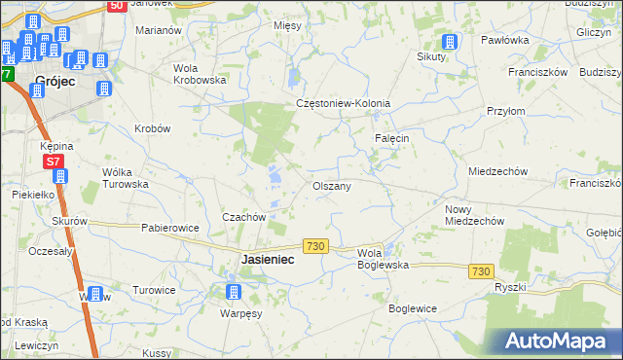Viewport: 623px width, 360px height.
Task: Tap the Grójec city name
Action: click(55, 83)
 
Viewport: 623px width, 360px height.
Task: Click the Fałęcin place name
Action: click(392, 138)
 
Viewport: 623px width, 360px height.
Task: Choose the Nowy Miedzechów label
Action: click(473, 215)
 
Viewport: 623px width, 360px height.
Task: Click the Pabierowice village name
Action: click(170, 229)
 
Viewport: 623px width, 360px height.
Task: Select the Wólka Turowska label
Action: click(125, 177)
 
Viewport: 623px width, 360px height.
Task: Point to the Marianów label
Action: click(160, 30)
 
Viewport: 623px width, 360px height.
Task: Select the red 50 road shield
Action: click(116, 6)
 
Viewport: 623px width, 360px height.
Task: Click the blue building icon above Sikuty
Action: click(450, 42)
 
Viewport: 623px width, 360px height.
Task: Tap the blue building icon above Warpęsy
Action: click(233, 292)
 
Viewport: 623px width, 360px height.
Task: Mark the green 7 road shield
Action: click(8, 74)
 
